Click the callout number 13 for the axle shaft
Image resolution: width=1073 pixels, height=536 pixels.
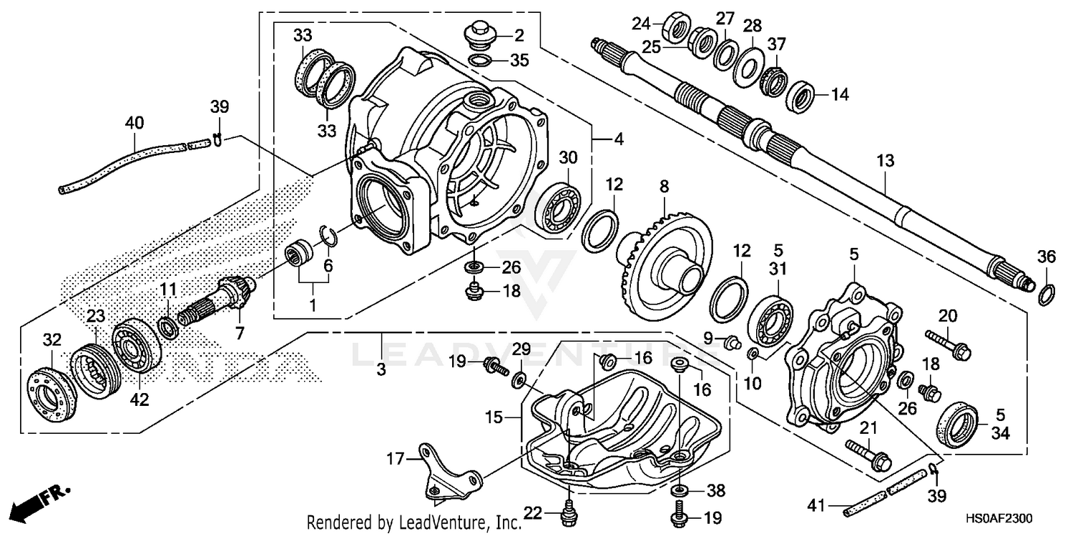886,162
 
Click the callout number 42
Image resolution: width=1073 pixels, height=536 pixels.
139,399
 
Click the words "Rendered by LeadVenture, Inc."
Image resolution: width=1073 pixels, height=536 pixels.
414,523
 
